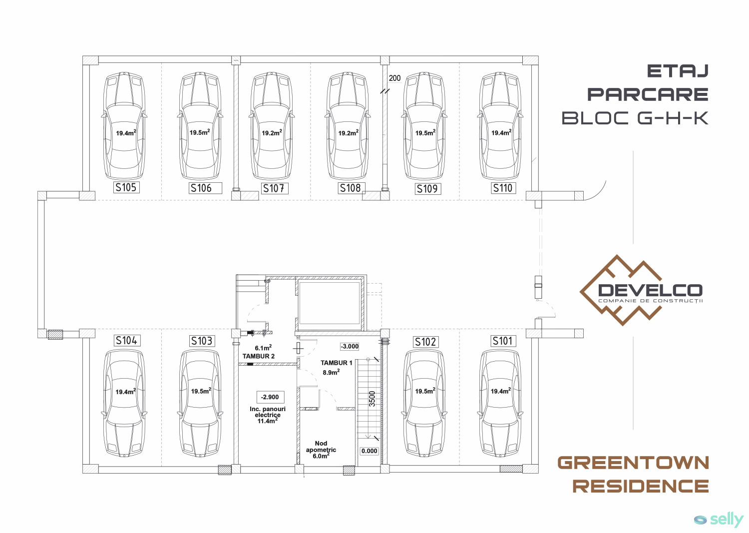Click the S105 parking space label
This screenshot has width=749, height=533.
coord(126,187)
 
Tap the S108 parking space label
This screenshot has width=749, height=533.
coord(351,188)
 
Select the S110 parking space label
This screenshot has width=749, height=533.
coord(502,188)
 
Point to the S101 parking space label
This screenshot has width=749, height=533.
coord(502,341)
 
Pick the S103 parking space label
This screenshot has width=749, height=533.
coord(202,341)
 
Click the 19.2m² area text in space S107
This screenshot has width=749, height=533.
coord(272,132)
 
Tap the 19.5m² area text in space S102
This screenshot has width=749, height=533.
coord(425,391)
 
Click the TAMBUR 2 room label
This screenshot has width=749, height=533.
coord(259,356)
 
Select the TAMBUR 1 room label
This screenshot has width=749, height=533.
coord(337,363)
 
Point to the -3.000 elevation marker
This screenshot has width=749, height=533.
coord(350,346)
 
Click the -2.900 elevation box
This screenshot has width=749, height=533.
coord(270,397)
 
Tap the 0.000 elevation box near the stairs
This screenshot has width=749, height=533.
coord(370,451)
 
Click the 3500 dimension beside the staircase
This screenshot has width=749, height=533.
coord(372,399)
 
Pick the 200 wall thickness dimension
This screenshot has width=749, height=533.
coord(394,78)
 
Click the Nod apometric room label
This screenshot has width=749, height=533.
coord(321,447)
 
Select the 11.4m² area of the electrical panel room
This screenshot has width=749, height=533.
coord(268,421)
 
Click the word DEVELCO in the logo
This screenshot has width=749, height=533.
coord(650,290)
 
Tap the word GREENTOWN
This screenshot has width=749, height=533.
coord(633,463)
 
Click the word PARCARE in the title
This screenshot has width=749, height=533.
coord(648,94)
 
